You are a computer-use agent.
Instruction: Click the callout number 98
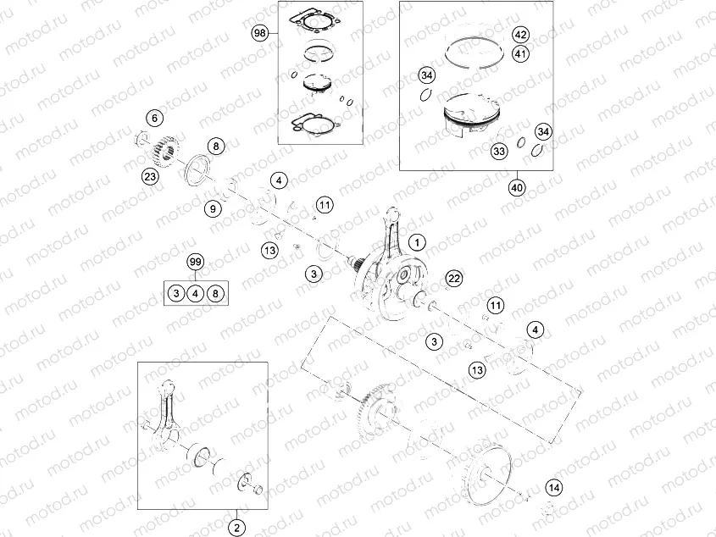tap(260, 33)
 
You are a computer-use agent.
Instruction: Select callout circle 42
tap(520, 36)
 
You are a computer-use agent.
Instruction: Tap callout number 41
tap(520, 54)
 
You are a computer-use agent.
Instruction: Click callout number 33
tap(499, 151)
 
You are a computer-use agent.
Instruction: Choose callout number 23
tap(150, 176)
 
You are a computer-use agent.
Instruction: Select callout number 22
tap(454, 279)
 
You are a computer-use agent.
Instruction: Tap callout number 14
tap(553, 487)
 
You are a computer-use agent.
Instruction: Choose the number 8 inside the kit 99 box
tap(216, 293)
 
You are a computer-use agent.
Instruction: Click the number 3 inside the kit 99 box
tap(175, 293)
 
